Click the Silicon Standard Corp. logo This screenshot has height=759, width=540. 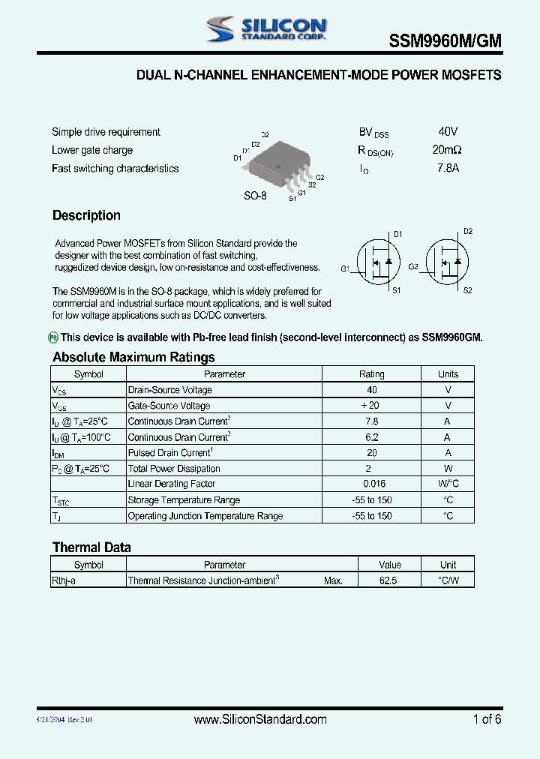click(267, 29)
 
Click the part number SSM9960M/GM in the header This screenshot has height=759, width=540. click(445, 43)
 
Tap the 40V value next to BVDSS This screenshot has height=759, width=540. click(448, 132)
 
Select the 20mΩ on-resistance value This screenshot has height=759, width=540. click(448, 150)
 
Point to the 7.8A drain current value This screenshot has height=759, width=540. click(448, 168)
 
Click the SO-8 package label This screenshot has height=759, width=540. click(255, 196)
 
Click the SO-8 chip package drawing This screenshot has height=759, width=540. click(278, 160)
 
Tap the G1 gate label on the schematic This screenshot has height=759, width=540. click(345, 268)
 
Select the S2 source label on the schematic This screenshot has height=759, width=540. click(467, 290)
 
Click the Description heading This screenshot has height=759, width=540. click(86, 216)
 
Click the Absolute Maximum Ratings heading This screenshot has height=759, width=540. click(133, 357)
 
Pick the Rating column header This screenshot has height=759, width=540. click(372, 374)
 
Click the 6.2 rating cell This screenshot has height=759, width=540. click(372, 437)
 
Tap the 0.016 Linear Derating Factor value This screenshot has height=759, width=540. click(373, 484)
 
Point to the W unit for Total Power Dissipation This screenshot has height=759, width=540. click(448, 469)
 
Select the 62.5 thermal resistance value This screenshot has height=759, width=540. click(388, 580)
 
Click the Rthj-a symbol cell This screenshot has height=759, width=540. click(64, 580)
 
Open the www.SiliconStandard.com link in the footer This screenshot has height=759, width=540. click(260, 720)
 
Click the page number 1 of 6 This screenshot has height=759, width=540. click(487, 720)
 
